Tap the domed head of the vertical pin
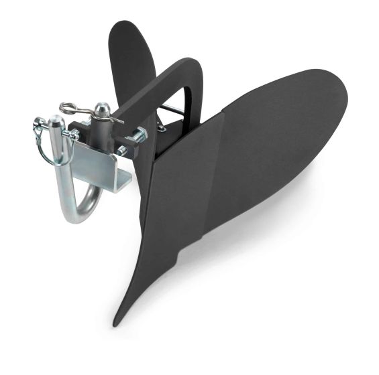click(x=101, y=108)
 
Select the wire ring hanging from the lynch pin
click(x=47, y=150)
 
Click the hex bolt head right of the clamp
click(x=139, y=137)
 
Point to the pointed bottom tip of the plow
click(x=118, y=320)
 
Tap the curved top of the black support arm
click(x=188, y=67)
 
